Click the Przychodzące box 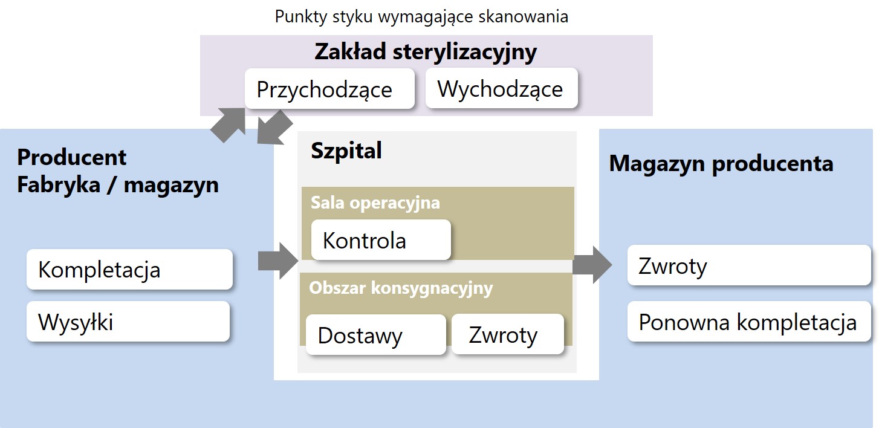[x=329, y=89]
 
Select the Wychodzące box [x=502, y=88]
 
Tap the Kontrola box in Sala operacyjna [x=381, y=240]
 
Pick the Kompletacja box [x=129, y=270]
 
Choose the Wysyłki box [x=128, y=321]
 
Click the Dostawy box [x=376, y=335]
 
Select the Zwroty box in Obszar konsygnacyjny [x=508, y=334]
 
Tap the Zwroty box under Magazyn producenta [x=749, y=265]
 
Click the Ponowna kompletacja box [x=749, y=321]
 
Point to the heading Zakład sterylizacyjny [x=426, y=52]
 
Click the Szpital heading [x=346, y=151]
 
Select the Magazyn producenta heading [x=721, y=163]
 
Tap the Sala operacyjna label [x=375, y=203]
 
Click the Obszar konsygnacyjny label [x=401, y=288]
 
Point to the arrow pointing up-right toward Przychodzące [x=229, y=125]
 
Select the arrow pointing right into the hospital [x=278, y=261]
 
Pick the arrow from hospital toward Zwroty [x=592, y=265]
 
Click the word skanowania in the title [x=524, y=17]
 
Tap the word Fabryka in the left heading [x=59, y=185]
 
